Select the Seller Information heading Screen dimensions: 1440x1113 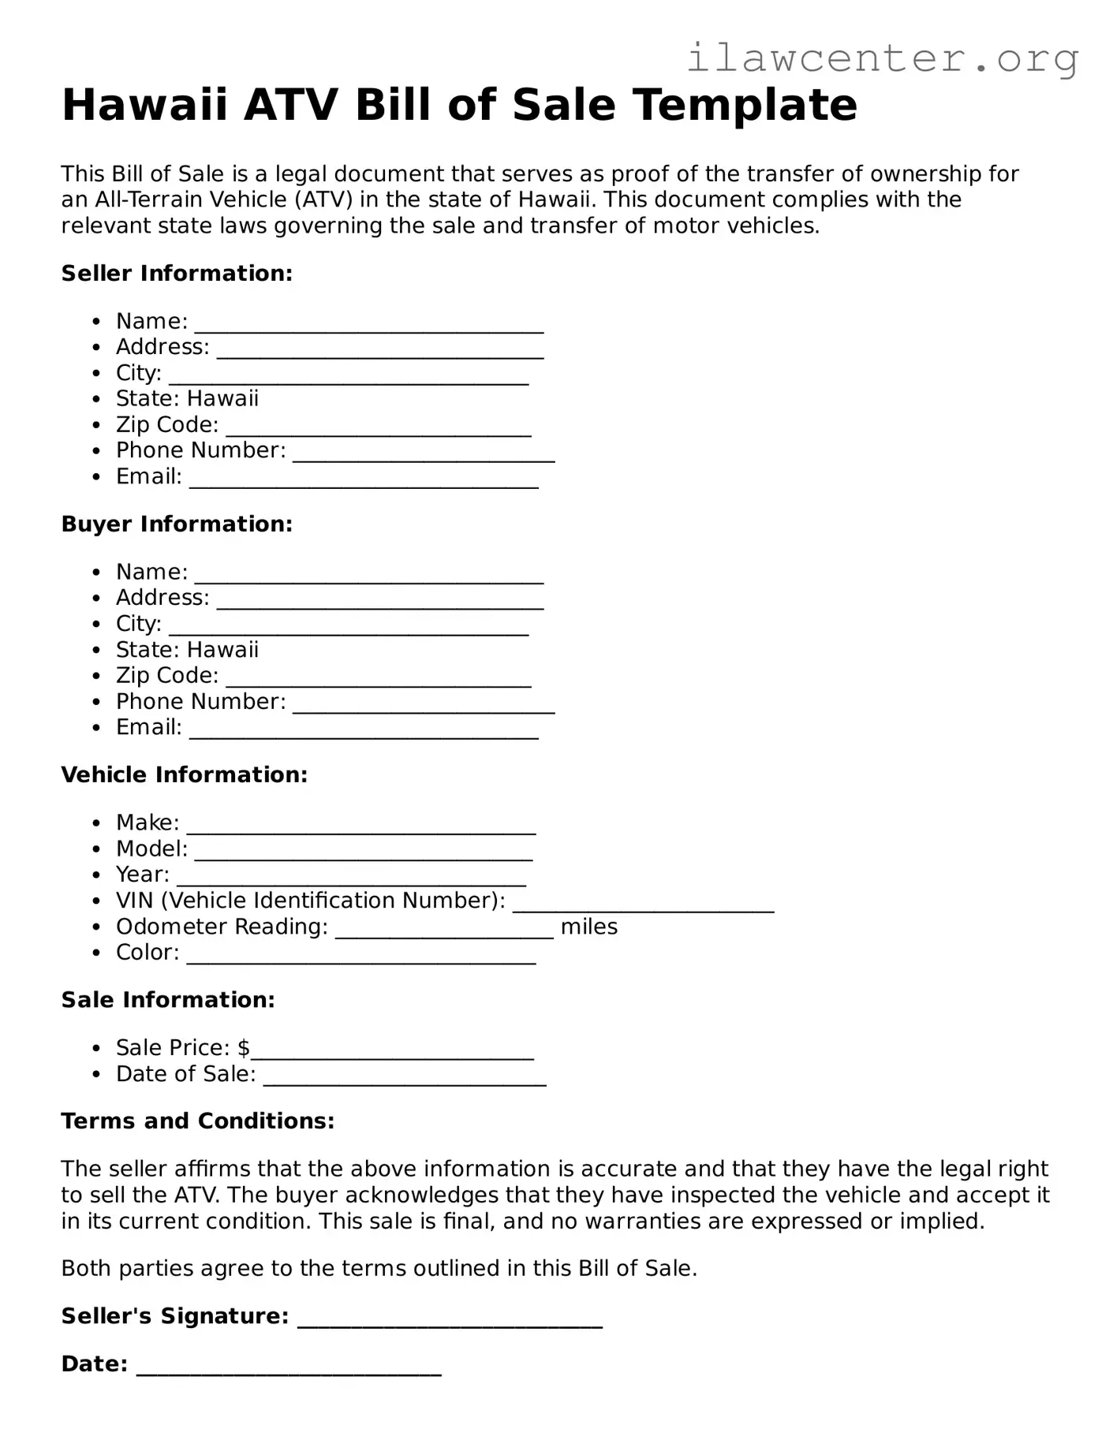177,274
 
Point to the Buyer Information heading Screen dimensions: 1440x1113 177,524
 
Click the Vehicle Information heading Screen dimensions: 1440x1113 184,775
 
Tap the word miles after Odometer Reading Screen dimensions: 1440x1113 588,927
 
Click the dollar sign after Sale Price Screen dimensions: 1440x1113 244,1048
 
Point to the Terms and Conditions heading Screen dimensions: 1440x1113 197,1121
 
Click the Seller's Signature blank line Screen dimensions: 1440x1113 450,1319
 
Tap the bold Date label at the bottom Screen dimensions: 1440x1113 94,1364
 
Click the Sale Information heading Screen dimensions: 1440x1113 168,1000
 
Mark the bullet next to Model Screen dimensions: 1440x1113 96,849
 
